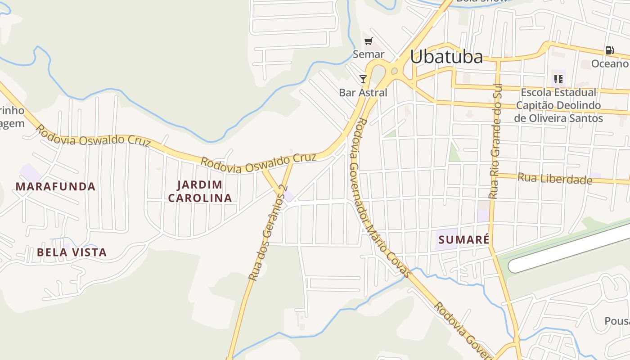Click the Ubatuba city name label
coord(446,57)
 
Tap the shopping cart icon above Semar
coord(369,41)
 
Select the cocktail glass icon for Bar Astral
coord(363,79)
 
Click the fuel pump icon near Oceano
coord(609,50)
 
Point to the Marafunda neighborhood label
coord(56,186)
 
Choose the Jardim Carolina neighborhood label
coord(200,191)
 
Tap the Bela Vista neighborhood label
coord(72,252)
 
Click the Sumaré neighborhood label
coord(463,240)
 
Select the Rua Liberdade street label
coord(554,179)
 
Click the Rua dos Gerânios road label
coord(267,234)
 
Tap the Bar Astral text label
coord(363,93)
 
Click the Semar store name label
coord(369,54)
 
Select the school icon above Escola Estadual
coord(558,79)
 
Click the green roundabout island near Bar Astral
coord(394,70)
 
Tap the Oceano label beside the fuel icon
coord(609,63)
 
